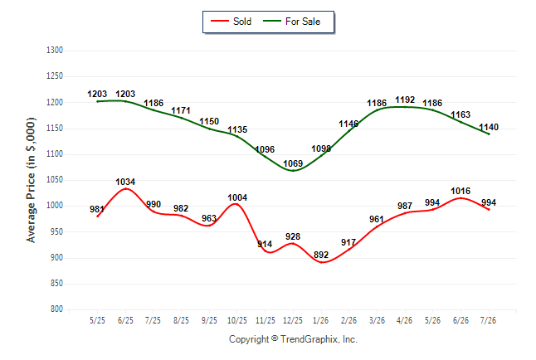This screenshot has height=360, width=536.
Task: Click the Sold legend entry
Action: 231,22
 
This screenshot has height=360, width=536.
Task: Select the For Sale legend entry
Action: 291,22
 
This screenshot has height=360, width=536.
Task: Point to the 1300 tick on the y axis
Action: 55,51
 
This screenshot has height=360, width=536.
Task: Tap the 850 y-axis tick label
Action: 56,284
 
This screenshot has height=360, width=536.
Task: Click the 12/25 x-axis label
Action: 293,320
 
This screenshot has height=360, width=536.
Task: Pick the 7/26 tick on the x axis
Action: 488,320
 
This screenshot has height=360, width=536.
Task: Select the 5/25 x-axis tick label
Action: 97,320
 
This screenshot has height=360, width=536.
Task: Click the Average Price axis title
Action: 31,180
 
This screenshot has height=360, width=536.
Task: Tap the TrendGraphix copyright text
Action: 293,339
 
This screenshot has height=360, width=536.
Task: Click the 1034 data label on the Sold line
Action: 125,182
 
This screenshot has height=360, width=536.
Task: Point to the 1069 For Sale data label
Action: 293,163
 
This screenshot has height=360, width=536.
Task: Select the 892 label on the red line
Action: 321,255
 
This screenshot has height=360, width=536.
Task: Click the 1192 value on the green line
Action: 405,100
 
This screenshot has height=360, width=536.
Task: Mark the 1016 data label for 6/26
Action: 460,191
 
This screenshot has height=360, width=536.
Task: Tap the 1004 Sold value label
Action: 237,197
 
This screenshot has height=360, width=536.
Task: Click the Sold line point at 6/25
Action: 125,189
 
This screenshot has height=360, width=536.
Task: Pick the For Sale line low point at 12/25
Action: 293,171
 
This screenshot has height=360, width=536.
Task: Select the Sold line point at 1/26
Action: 321,262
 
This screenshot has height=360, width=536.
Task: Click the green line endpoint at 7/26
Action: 489,134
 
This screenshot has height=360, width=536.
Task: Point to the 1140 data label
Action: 489,128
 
